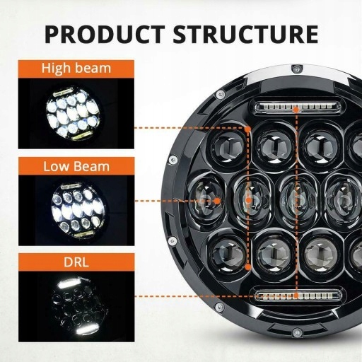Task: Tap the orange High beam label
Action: click(76, 69)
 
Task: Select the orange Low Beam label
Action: click(76, 167)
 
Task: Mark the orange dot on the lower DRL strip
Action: click(297, 294)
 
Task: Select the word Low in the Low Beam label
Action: click(56, 167)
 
